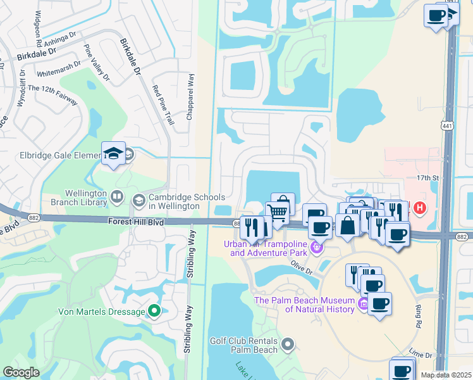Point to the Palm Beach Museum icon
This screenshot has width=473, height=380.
363,305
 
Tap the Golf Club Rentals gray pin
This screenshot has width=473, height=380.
288,345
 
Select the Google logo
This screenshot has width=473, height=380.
21,372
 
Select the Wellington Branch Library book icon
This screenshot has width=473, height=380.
116,198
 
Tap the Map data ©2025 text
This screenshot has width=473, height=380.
446,375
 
